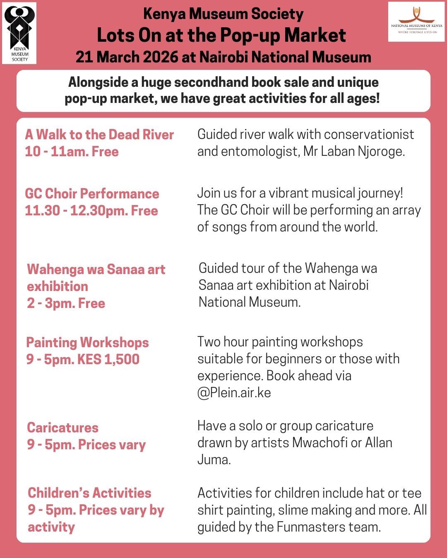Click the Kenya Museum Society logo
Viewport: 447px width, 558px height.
click(x=19, y=33)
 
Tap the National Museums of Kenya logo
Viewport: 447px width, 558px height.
click(x=416, y=22)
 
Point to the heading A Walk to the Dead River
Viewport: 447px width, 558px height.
click(x=99, y=135)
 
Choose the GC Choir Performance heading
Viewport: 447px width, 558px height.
click(x=92, y=193)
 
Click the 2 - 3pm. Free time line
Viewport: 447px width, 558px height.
click(x=66, y=303)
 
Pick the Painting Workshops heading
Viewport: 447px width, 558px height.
click(x=87, y=343)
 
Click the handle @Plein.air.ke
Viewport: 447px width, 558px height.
click(x=234, y=393)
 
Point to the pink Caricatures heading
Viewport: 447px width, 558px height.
click(x=62, y=428)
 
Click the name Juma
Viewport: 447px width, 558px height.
click(x=214, y=460)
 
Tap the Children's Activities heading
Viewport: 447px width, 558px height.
click(x=89, y=493)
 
